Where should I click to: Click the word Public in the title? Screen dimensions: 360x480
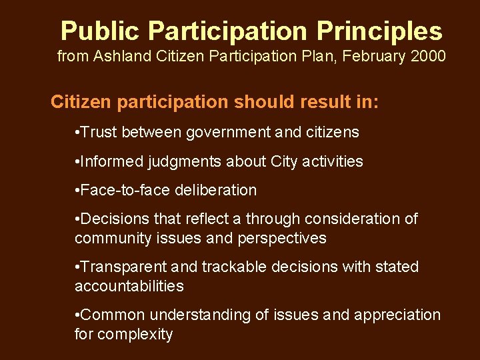[100, 31]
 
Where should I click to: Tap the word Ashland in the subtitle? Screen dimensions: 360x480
[121, 57]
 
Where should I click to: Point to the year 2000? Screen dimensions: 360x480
[425, 57]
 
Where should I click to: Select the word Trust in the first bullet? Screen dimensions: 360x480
[100, 133]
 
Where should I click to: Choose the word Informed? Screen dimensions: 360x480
[111, 161]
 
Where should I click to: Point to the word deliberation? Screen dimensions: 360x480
[215, 190]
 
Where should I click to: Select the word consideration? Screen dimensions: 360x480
[347, 219]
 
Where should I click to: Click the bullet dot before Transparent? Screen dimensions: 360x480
[78, 267]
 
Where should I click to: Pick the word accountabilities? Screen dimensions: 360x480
[129, 286]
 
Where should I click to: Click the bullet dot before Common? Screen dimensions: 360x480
[78, 315]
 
